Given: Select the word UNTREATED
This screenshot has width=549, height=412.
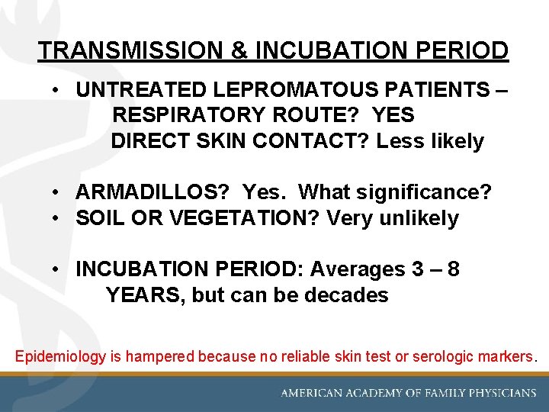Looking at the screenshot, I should click(142, 89).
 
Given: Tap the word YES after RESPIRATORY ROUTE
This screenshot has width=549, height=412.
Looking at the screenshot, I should click(394, 115).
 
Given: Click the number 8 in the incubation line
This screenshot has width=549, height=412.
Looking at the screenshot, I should click(454, 269).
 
